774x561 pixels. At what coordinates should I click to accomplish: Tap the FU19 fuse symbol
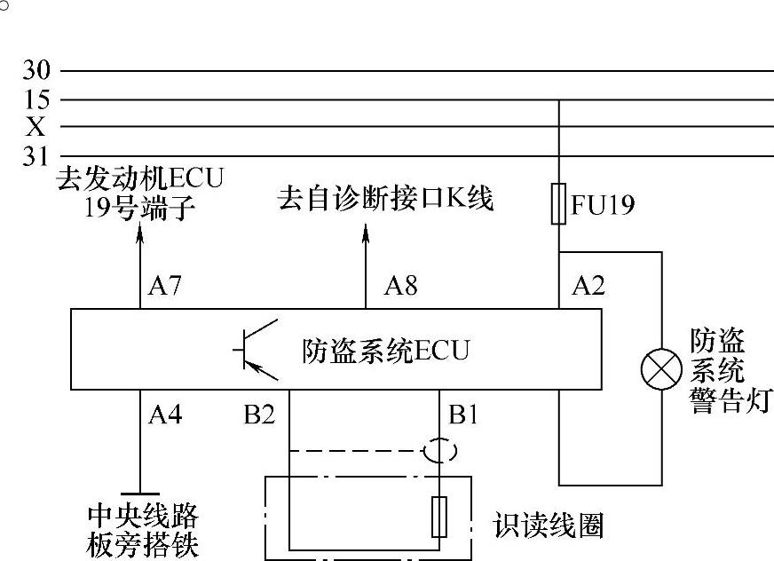point(558,204)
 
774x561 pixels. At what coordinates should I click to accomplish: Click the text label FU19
point(604,205)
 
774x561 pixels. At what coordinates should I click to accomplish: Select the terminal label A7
point(165,286)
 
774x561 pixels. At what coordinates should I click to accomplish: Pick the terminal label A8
point(400,286)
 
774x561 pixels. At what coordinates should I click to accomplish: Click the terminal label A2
point(588,286)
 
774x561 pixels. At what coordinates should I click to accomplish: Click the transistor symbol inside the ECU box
point(257,348)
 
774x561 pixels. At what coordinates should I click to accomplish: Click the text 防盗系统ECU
point(385,351)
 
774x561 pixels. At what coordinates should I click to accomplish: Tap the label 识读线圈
point(549,525)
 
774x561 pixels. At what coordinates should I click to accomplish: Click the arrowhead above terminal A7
point(141,233)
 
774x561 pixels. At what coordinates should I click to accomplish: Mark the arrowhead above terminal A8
point(367,233)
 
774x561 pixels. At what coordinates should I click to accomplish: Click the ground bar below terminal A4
point(140,493)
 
